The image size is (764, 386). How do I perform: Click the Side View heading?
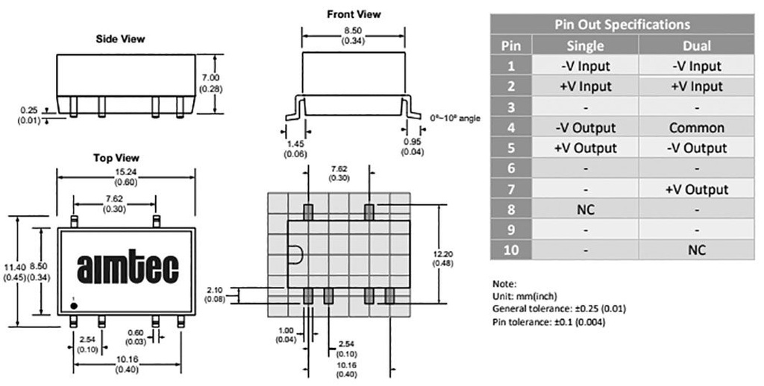pos(120,39)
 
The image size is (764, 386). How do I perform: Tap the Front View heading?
pos(353,14)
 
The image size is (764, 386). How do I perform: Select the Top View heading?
pos(116,158)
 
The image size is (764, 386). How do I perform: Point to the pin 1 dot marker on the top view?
pos(73,300)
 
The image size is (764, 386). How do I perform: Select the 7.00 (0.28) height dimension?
pos(211,83)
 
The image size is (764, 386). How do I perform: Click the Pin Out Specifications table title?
pos(621,25)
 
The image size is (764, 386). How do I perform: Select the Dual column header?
pos(696,45)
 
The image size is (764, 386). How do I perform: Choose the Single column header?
pos(586,45)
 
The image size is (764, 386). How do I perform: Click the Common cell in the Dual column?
pos(696,127)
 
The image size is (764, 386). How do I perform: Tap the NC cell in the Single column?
pos(586,210)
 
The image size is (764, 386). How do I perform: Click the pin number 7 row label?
pos(510,189)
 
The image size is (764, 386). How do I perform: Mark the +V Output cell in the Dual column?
pos(696,189)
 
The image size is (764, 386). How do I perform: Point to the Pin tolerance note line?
pos(548,322)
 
